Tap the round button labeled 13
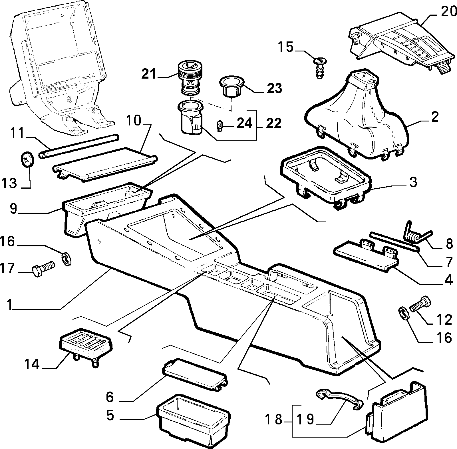(28, 159)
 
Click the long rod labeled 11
(79, 145)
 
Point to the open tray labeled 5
(193, 420)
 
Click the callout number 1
(10, 305)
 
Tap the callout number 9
(13, 209)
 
